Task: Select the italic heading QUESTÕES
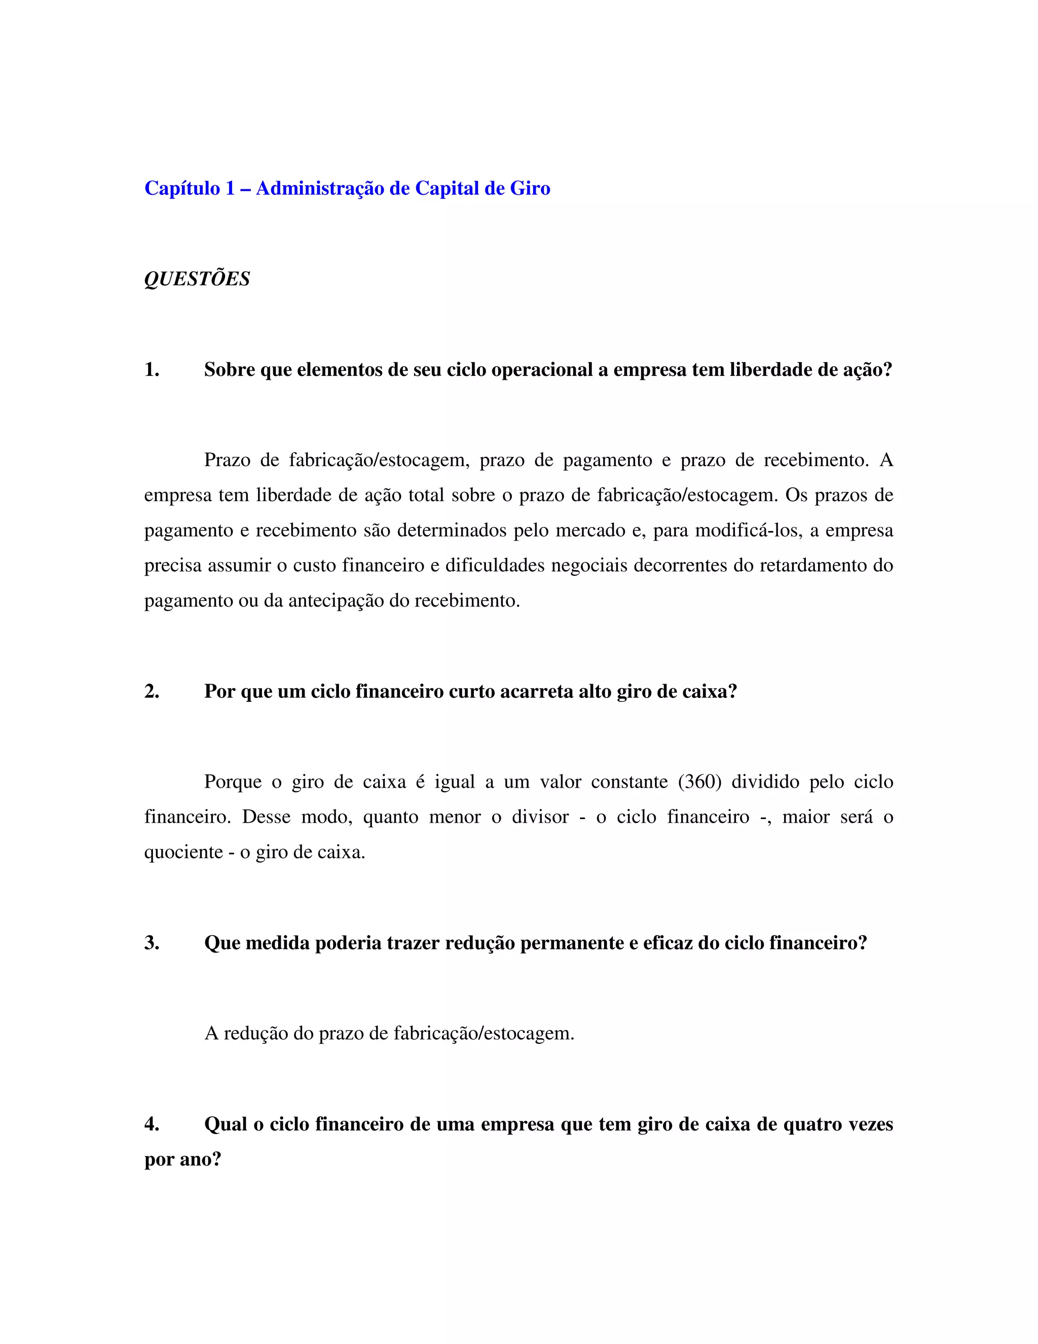coord(197,279)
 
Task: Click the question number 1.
coord(151,370)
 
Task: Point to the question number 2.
coord(151,692)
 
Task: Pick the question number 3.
coord(151,943)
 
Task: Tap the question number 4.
coord(151,1124)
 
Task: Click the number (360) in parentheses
coord(699,782)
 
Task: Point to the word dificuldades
coord(494,565)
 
